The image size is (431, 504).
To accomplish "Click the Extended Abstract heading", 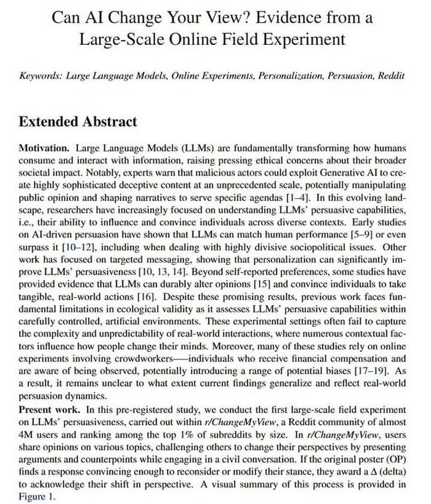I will click(78, 121).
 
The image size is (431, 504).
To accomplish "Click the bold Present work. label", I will click(49, 409).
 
